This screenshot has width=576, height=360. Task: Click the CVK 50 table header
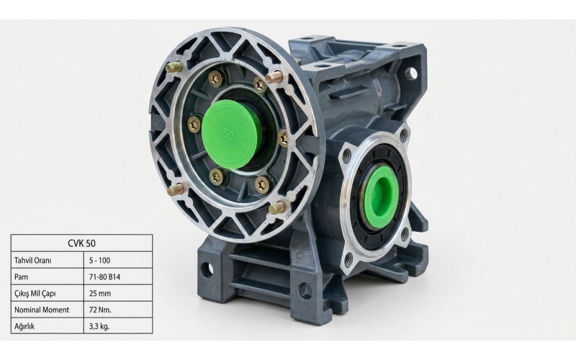tap(81, 243)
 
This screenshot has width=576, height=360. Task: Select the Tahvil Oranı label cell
tap(32, 261)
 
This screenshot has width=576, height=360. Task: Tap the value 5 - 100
tap(99, 261)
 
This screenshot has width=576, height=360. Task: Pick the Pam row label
tap(21, 276)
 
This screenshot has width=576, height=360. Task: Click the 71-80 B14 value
tap(104, 276)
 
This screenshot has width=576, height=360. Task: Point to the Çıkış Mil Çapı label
tap(35, 294)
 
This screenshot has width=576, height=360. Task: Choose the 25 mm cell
tap(99, 293)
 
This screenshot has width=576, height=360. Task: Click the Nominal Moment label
tap(42, 310)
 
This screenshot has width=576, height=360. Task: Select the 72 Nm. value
tap(100, 310)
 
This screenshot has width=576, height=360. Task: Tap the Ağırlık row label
tap(24, 326)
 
